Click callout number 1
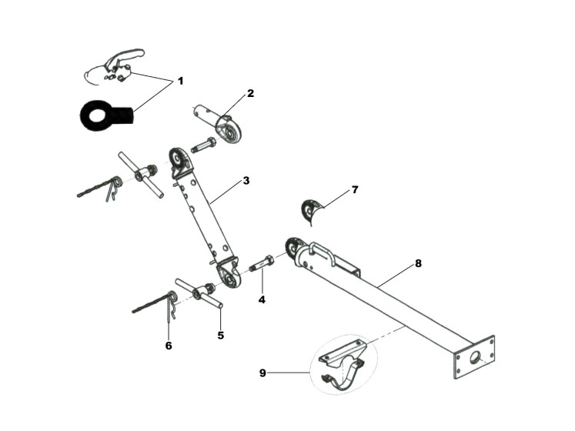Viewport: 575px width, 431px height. pos(181,80)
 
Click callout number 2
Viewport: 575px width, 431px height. pos(250,93)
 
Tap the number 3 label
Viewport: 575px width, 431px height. pos(246,181)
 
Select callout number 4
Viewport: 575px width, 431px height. pos(262,299)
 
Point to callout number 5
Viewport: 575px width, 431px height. pos(220,335)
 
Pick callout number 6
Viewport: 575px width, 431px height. pos(168,346)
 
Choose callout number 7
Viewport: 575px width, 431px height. pos(354,189)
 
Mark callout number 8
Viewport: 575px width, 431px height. pos(418,263)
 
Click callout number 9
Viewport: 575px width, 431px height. pos(263,373)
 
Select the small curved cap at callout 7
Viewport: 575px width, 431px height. pos(309,210)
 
